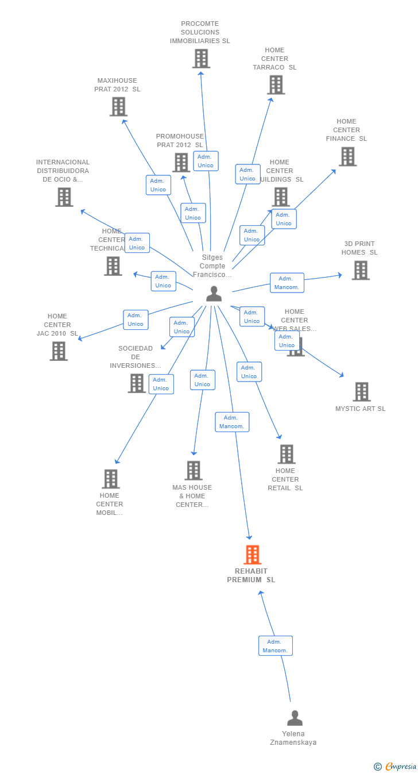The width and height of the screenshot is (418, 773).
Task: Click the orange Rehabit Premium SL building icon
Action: click(x=253, y=555)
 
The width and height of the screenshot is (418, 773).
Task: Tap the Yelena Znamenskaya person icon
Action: click(x=295, y=718)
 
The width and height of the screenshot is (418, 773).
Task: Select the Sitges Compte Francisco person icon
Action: click(x=214, y=294)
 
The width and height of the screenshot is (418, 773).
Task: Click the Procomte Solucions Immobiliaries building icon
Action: click(x=201, y=59)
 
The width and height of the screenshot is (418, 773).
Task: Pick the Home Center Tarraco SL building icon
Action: click(x=276, y=85)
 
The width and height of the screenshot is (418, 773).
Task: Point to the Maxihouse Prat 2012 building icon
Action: click(x=118, y=107)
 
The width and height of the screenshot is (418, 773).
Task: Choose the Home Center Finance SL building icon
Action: click(x=347, y=156)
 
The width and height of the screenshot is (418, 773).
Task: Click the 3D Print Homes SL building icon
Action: click(x=360, y=270)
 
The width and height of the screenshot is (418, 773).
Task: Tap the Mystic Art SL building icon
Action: click(x=361, y=392)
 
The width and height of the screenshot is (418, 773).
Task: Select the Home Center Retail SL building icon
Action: click(x=286, y=454)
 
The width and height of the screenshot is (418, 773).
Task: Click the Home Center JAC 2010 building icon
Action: click(x=59, y=351)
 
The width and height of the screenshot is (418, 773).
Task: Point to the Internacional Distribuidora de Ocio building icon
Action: click(x=64, y=197)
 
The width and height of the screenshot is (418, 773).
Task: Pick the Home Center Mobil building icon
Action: click(x=110, y=479)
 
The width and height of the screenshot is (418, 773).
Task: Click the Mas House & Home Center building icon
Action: click(x=193, y=471)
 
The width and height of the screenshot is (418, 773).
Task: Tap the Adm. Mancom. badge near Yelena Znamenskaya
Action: click(x=276, y=646)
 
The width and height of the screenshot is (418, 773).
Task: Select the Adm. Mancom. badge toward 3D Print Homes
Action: click(x=287, y=283)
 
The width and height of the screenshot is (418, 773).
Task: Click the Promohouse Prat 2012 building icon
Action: click(x=181, y=163)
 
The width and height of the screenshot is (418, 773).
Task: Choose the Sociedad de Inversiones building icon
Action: click(x=137, y=383)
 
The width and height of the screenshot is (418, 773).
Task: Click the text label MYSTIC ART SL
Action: click(x=360, y=409)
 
